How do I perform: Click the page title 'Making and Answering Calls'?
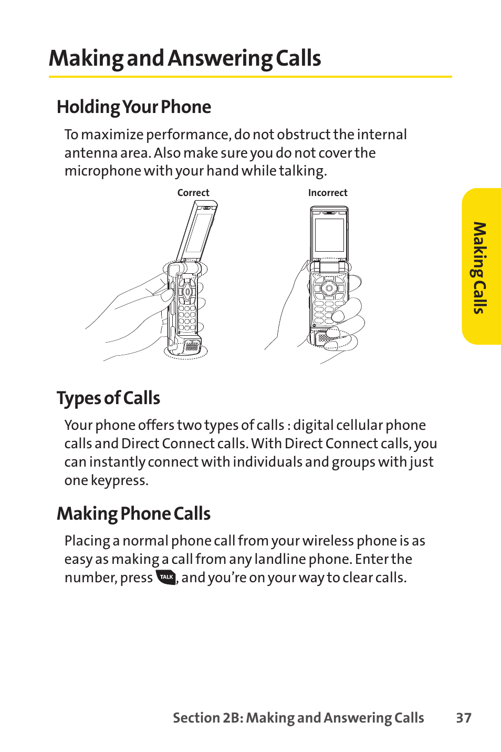point(184,58)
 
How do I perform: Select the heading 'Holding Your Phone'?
point(133,107)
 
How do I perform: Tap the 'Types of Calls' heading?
point(108,398)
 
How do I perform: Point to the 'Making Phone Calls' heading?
point(133,513)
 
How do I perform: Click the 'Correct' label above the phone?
point(193,193)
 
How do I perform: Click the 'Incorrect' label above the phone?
point(327,193)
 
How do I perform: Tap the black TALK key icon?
point(166,577)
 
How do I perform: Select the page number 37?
point(463,718)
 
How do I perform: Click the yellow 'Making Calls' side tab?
point(481,267)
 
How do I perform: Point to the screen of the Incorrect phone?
point(329,234)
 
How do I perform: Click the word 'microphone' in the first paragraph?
point(102,171)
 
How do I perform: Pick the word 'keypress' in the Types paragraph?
point(119,481)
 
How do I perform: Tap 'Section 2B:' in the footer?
point(207,718)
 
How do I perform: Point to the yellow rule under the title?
point(250,77)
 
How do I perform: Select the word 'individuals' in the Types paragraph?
point(267,462)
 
